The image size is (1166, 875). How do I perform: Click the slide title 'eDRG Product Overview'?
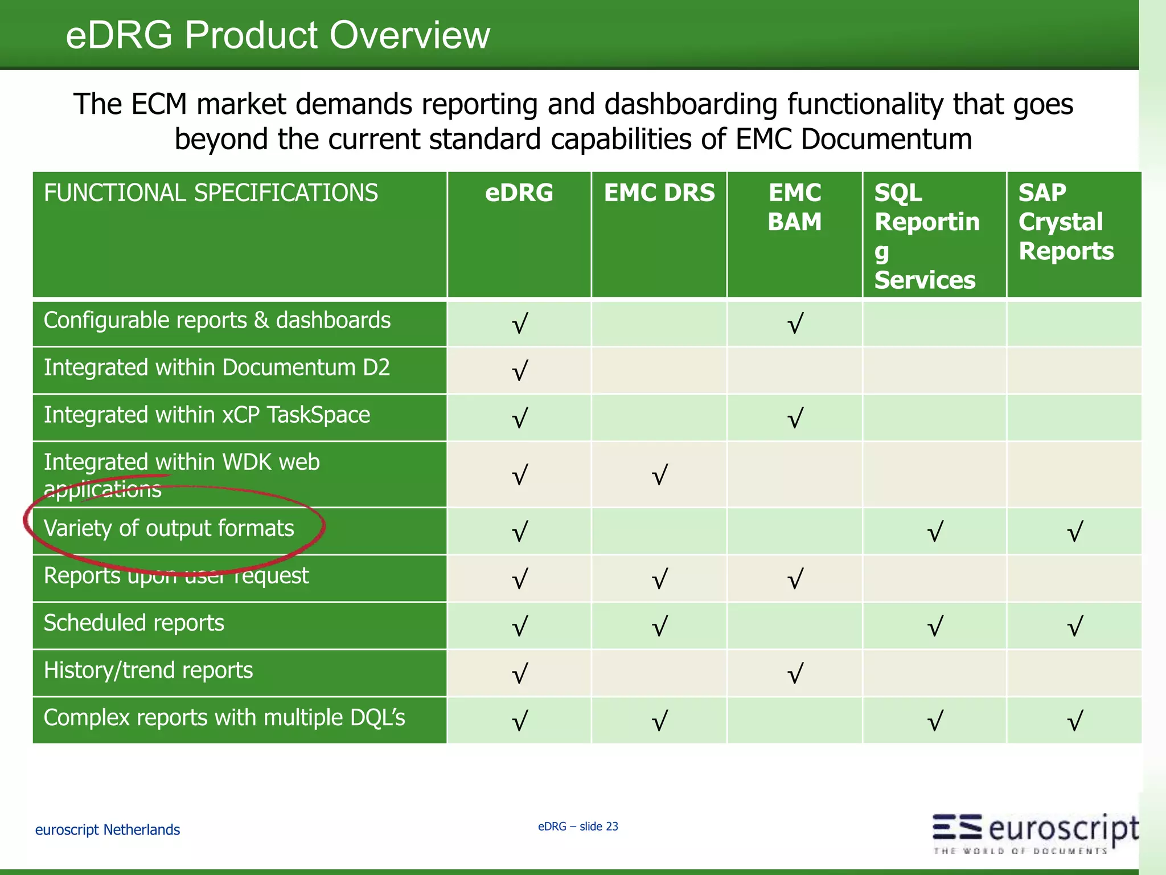click(x=278, y=35)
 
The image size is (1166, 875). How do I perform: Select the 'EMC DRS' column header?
click(x=659, y=193)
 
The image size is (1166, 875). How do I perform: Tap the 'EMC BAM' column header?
click(x=795, y=207)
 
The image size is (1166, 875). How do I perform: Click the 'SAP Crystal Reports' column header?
click(x=1066, y=222)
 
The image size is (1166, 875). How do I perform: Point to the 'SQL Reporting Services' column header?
click(x=927, y=236)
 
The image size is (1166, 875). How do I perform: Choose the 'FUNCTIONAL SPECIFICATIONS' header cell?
click(x=211, y=193)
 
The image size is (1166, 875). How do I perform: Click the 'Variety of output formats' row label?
click(x=169, y=529)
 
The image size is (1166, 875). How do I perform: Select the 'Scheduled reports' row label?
click(x=134, y=623)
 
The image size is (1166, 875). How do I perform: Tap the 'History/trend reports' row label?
click(x=148, y=670)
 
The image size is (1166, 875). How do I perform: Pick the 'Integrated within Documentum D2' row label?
click(x=217, y=368)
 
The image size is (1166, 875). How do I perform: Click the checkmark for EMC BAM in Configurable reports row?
click(x=795, y=324)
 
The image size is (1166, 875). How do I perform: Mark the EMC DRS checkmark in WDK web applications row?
click(x=659, y=475)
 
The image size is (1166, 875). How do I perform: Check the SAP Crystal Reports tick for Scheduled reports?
click(x=1074, y=627)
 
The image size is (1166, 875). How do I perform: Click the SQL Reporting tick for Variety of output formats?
click(x=935, y=531)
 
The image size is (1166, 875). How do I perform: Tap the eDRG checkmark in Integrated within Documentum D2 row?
click(x=519, y=371)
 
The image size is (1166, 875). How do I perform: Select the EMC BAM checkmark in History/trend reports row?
click(x=795, y=674)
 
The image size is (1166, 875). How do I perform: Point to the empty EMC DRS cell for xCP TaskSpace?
click(x=659, y=418)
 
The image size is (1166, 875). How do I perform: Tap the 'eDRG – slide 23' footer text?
click(x=578, y=827)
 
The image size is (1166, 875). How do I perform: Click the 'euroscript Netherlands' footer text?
click(x=108, y=830)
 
